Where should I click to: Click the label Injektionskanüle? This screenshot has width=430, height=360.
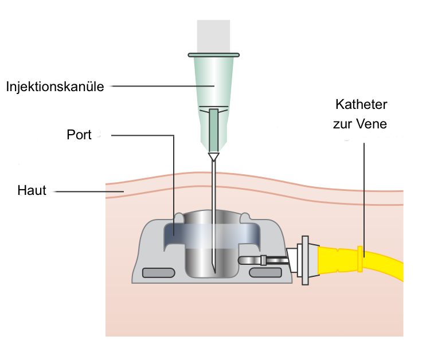click(x=55, y=87)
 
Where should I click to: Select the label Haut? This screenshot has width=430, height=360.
click(x=32, y=191)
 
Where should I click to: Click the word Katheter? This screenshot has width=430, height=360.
click(x=361, y=105)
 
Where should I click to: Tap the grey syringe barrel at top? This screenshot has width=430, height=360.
click(x=214, y=34)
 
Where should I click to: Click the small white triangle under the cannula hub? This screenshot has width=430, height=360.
click(x=214, y=156)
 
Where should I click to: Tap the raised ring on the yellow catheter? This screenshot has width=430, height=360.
click(x=361, y=259)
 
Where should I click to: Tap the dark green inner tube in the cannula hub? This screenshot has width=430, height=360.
click(x=214, y=129)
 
